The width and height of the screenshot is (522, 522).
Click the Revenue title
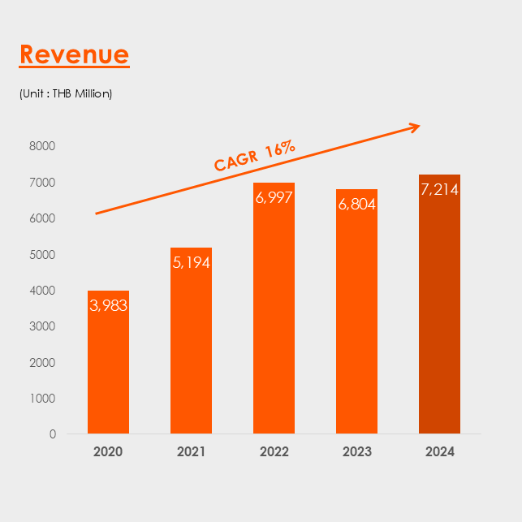(x=74, y=54)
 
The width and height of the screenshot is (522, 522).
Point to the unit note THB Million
(x=66, y=93)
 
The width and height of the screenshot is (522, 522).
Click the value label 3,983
(x=108, y=305)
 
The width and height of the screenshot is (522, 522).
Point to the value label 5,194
(x=191, y=262)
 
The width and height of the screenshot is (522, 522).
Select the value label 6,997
(x=274, y=198)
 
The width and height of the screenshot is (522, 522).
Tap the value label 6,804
(x=356, y=205)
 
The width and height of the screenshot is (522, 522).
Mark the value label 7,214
(x=439, y=190)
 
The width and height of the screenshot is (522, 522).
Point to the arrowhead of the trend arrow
(x=415, y=126)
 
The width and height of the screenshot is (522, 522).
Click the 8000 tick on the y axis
(x=41, y=146)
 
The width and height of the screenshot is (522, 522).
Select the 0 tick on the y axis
(x=52, y=434)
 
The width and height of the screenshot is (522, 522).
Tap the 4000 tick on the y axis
(x=41, y=290)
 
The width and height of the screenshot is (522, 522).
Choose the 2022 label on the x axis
(x=274, y=452)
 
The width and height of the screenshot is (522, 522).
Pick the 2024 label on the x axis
(x=439, y=452)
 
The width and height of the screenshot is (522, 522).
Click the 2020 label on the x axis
(x=108, y=452)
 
